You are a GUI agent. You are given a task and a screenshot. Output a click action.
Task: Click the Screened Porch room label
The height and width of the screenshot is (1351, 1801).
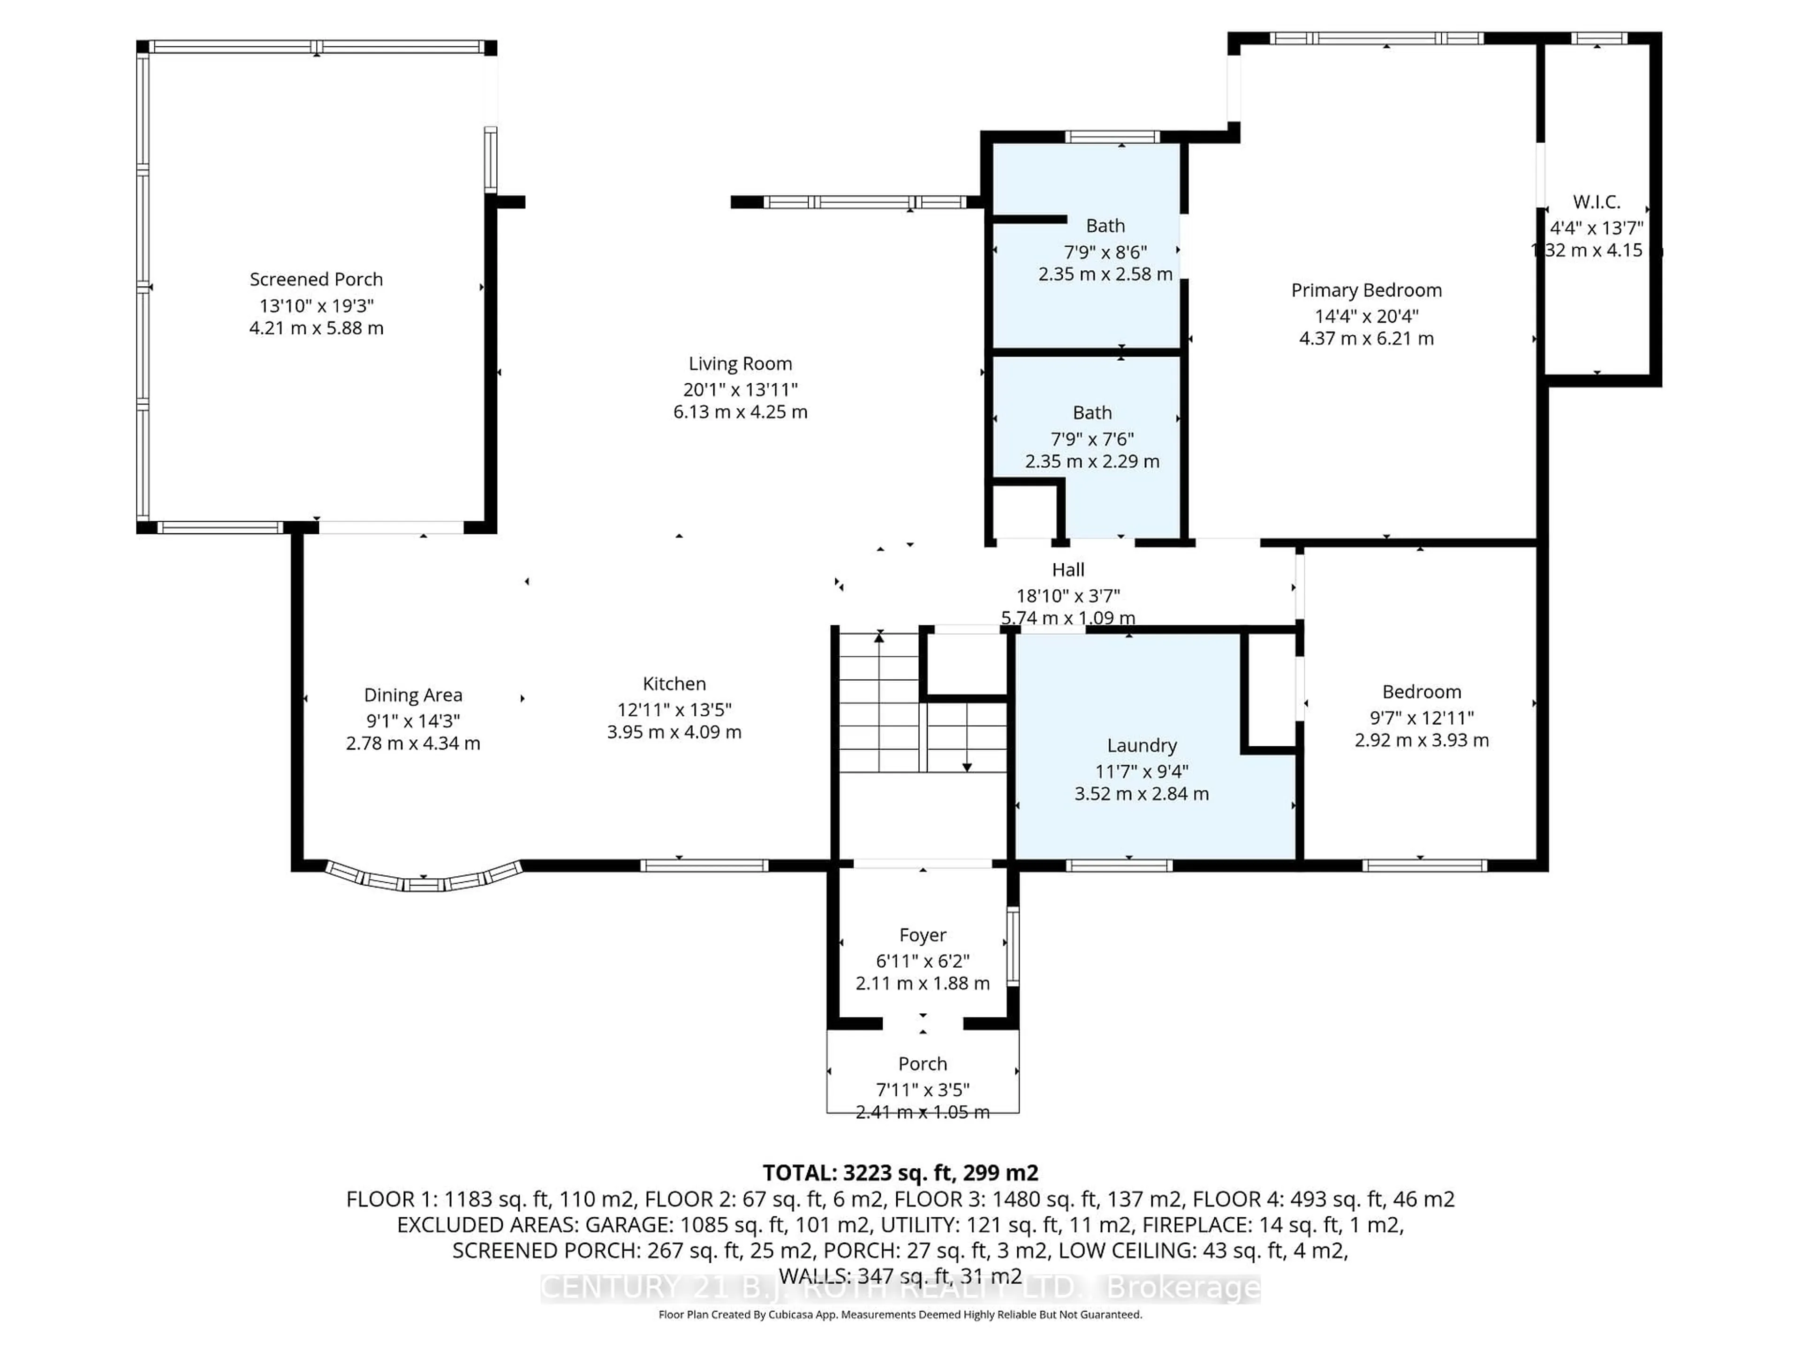click(x=316, y=279)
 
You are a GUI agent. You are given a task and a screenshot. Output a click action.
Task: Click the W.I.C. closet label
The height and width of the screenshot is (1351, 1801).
click(x=1596, y=202)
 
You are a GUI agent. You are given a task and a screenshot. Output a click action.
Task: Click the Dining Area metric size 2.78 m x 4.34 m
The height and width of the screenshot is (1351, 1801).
click(x=413, y=744)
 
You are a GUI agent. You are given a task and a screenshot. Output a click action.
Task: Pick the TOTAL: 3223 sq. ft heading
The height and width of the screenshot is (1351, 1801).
click(x=900, y=1173)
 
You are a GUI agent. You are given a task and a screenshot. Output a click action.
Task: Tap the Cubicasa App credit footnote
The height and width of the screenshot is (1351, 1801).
click(x=900, y=1314)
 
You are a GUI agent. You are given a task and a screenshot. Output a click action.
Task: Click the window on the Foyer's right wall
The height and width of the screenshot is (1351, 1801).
click(x=1012, y=946)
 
